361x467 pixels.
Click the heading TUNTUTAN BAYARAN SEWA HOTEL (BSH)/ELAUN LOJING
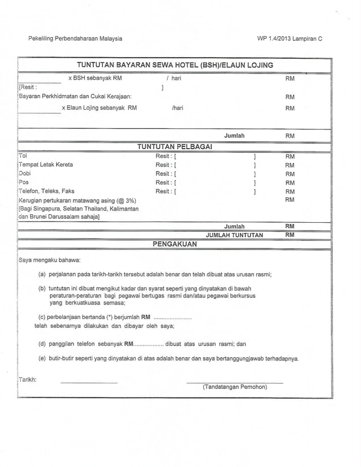[x=175, y=66]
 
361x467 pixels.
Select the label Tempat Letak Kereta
[x=45, y=165]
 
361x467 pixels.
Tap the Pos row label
[x=24, y=183]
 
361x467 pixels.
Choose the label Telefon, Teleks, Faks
[x=46, y=192]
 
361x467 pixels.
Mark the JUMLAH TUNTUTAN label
[x=234, y=235]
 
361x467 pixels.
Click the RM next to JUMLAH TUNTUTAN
[x=290, y=235]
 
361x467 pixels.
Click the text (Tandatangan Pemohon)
[x=235, y=387]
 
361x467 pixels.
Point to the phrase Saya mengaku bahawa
[x=50, y=261]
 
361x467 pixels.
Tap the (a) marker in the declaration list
[x=42, y=274]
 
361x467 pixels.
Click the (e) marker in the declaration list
[x=42, y=358]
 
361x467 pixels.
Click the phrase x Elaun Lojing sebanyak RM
[x=98, y=107]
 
